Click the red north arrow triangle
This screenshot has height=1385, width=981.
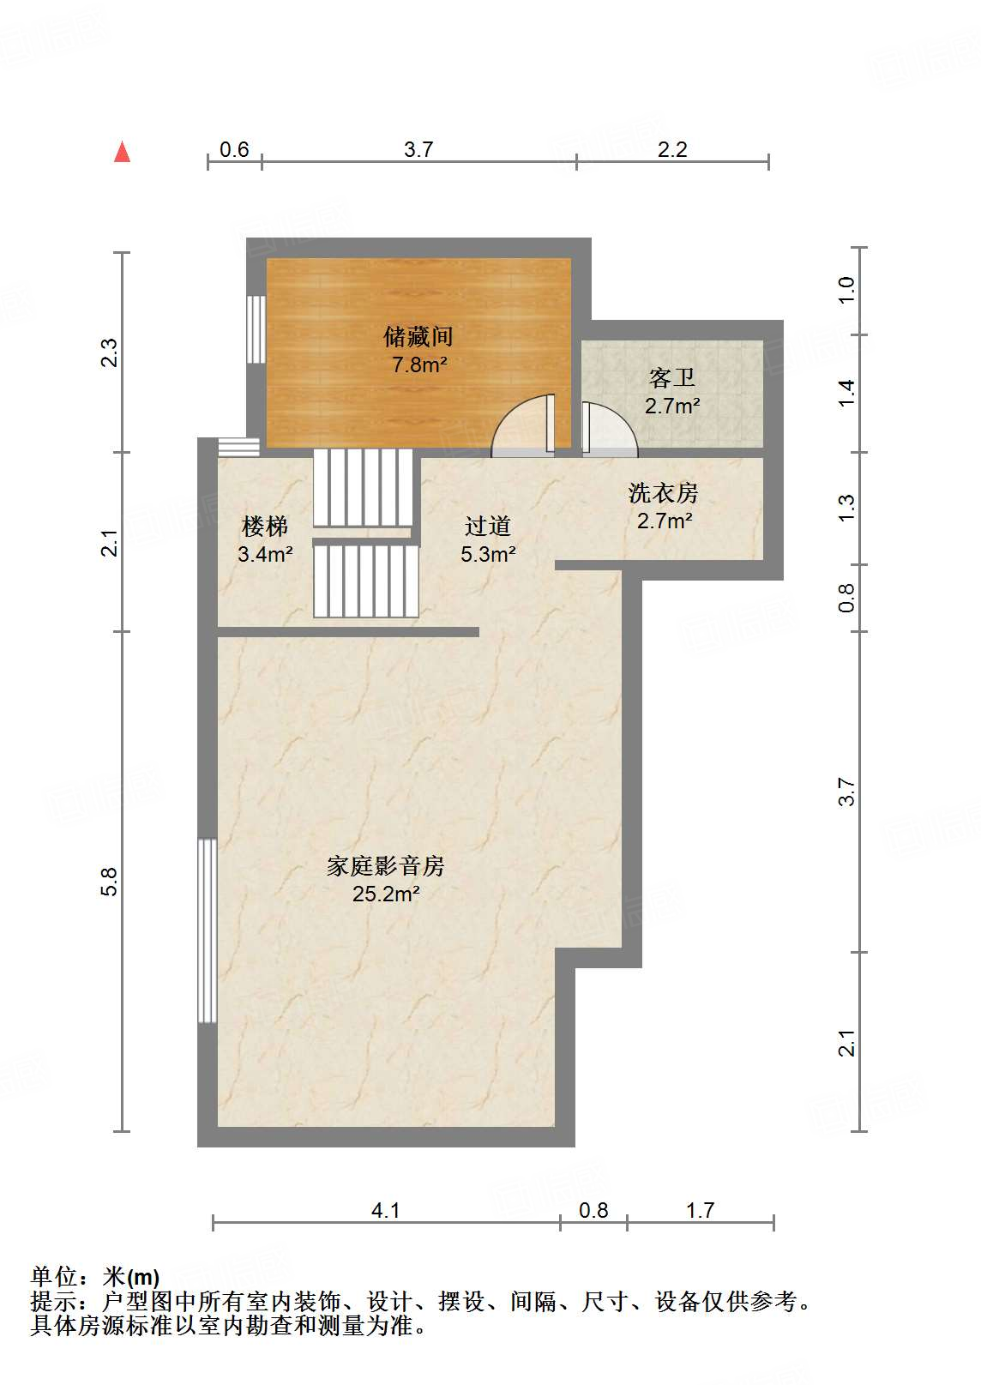(x=123, y=153)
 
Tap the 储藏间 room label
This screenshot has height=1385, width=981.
(x=418, y=336)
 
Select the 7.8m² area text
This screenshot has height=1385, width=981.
(x=419, y=364)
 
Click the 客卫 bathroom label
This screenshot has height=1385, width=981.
(x=671, y=377)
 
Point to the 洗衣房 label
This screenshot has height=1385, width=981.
(x=663, y=493)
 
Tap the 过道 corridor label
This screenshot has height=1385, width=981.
(x=487, y=526)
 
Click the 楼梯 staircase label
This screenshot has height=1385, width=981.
(x=265, y=526)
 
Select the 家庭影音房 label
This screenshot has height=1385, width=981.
(x=385, y=866)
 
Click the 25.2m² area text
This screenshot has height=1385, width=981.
(x=385, y=894)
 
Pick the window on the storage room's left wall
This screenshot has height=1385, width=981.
(x=256, y=329)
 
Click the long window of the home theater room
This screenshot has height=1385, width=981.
(x=207, y=930)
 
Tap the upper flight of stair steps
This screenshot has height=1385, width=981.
(x=363, y=487)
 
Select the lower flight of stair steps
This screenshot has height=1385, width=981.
(x=365, y=581)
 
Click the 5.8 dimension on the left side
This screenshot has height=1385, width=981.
(x=108, y=882)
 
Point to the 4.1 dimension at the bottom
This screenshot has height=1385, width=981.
(x=385, y=1210)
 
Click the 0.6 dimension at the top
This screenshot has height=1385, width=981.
(x=234, y=150)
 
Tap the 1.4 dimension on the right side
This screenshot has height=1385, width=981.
(x=846, y=393)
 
